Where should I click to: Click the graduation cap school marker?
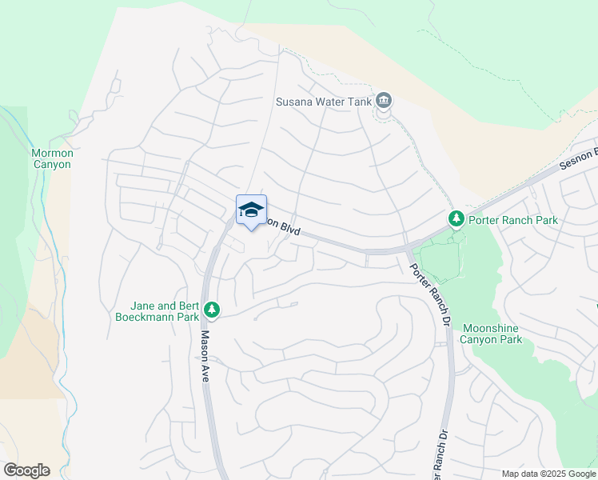click(251, 210)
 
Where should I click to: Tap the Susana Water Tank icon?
click(384, 101)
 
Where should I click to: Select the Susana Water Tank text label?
click(323, 102)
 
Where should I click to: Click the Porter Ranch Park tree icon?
click(456, 218)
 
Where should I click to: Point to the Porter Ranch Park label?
click(513, 219)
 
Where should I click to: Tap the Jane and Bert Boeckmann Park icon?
click(212, 308)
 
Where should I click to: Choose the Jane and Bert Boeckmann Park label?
click(165, 311)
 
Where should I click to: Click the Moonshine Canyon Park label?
click(491, 334)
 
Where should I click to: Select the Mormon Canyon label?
click(52, 158)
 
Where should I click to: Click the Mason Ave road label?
click(205, 356)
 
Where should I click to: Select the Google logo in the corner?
click(26, 470)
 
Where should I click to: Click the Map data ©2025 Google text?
click(548, 474)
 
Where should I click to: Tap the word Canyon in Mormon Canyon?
click(52, 165)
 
